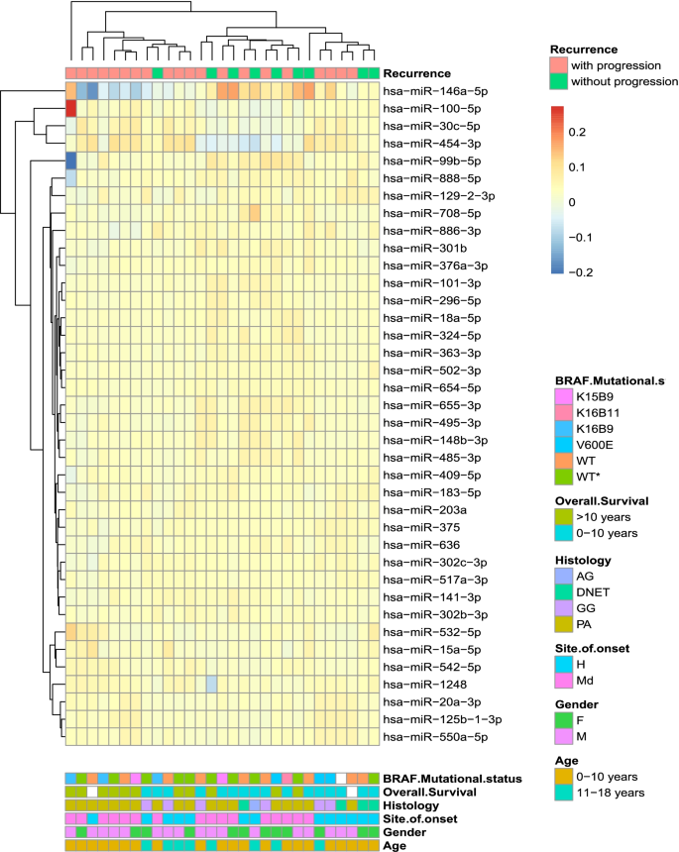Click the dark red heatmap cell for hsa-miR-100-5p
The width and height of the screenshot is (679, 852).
(x=71, y=108)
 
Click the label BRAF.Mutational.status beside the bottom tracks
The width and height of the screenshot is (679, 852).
(x=452, y=780)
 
